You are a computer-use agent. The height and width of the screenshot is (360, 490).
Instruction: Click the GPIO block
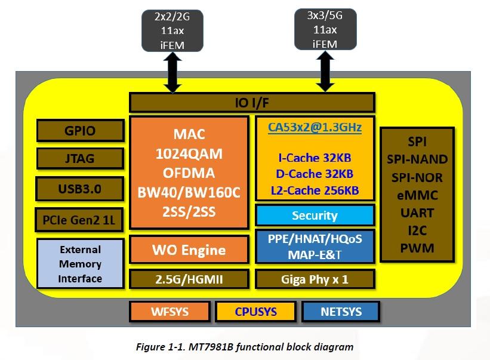coord(79,130)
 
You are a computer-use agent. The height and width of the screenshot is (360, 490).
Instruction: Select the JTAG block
coord(79,159)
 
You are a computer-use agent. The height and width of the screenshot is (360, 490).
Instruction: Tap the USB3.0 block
coord(79,189)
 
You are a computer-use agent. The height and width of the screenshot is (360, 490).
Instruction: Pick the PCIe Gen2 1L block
coord(79,220)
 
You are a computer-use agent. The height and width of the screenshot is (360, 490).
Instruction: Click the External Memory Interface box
coord(79,264)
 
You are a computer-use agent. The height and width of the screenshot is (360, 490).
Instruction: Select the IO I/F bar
coord(252,103)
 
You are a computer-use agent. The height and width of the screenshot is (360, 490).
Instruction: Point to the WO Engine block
coord(189,250)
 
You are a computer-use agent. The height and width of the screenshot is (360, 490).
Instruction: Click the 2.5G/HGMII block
coord(189,279)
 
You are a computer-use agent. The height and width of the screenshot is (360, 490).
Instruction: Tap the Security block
coord(315,215)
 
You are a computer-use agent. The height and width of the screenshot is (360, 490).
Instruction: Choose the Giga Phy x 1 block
coord(315,279)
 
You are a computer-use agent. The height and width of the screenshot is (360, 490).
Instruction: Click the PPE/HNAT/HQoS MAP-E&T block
coord(315,246)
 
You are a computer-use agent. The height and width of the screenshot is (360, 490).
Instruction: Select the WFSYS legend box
coord(170,311)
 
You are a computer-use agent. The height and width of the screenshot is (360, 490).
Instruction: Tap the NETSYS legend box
coord(341,311)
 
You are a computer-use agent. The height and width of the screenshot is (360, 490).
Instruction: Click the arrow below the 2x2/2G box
coord(172,72)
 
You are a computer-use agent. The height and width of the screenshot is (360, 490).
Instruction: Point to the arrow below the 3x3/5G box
coord(325,71)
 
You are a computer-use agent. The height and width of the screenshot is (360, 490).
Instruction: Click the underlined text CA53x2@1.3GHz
coord(315,127)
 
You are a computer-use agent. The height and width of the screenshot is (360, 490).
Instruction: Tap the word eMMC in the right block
coord(417,195)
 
